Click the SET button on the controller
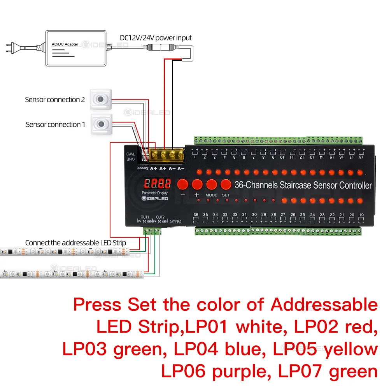coord(226,184)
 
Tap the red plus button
coord(197,184)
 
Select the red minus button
coord(183,184)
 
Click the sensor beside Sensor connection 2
coord(101,100)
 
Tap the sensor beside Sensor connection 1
coord(101,124)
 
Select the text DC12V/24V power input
coord(156,38)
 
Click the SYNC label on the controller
coord(176,221)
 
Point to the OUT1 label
coord(145,217)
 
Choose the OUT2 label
coord(160,217)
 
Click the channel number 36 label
coord(196,215)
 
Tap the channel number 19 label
coord(361,215)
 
